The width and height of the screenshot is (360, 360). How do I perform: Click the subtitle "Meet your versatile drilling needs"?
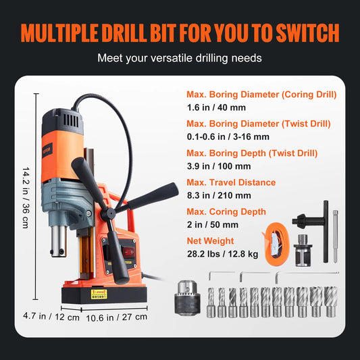180,58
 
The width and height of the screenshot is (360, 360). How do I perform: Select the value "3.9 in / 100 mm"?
218,166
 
